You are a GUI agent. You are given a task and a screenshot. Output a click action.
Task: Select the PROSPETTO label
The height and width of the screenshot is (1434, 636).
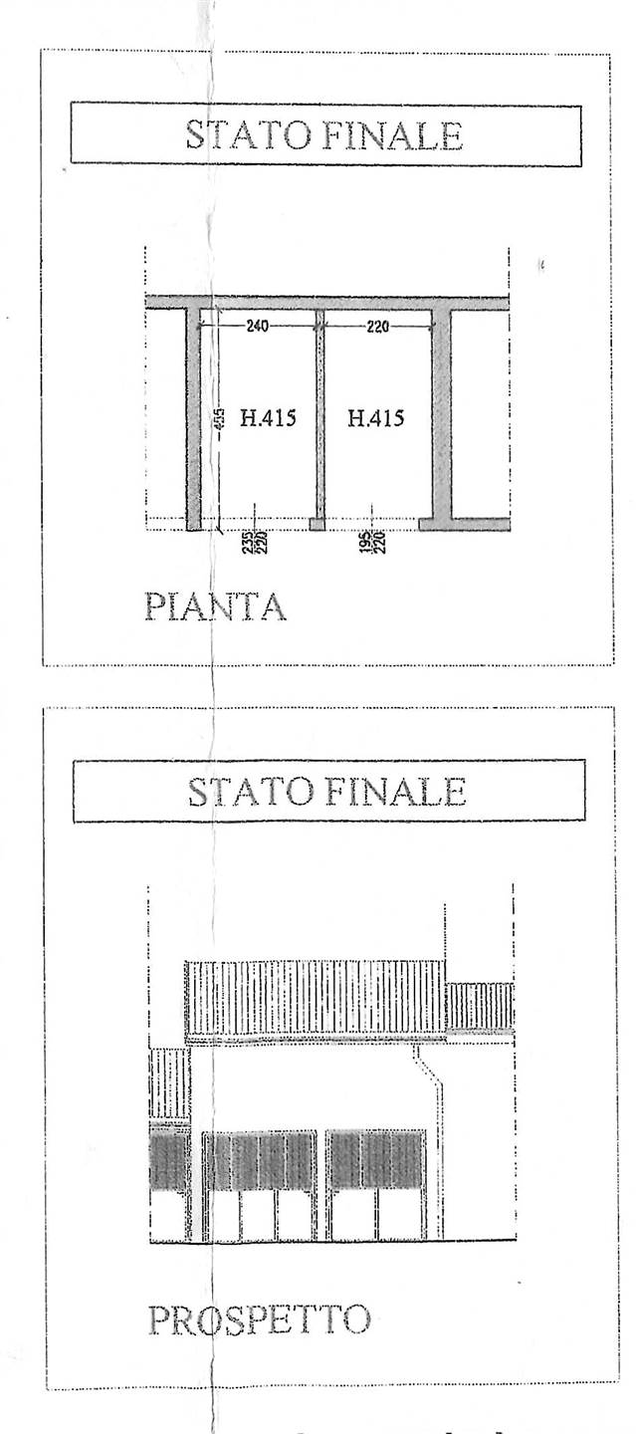tap(259, 1319)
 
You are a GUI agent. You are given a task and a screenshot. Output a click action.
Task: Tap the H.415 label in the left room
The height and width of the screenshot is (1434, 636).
tap(268, 418)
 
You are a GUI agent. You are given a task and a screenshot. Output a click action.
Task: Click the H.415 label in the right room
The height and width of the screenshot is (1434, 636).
tap(376, 418)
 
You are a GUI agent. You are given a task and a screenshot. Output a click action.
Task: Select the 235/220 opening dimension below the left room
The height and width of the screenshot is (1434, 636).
tap(247, 543)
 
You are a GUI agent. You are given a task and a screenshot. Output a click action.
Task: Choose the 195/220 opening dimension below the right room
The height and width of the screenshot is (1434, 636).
tap(370, 543)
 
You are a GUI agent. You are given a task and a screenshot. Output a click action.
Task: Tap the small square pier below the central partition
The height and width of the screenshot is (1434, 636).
tap(317, 524)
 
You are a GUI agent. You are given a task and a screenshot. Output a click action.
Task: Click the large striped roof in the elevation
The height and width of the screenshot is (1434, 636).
tap(315, 998)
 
